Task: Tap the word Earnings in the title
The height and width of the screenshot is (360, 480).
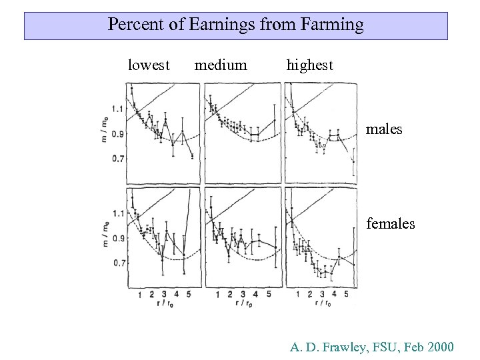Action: [x=215, y=26]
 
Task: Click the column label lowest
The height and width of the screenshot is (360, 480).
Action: [x=149, y=65]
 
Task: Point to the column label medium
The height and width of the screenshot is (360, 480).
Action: [x=220, y=65]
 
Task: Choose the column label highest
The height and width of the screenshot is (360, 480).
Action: [x=309, y=65]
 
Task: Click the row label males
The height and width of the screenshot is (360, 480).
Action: [x=385, y=129]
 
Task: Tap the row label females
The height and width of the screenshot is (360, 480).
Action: [x=391, y=224]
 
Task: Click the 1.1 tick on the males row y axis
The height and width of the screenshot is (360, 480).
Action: [x=117, y=109]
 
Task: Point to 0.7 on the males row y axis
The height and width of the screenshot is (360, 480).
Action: [x=117, y=159]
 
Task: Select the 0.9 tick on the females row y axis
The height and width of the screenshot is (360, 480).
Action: [x=117, y=238]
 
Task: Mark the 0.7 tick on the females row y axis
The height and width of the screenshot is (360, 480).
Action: [x=117, y=263]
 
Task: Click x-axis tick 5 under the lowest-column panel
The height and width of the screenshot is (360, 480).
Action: [x=189, y=294]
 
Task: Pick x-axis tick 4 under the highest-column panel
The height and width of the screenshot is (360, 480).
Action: [x=333, y=294]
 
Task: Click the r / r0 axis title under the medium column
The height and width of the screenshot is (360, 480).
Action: [x=243, y=304]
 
